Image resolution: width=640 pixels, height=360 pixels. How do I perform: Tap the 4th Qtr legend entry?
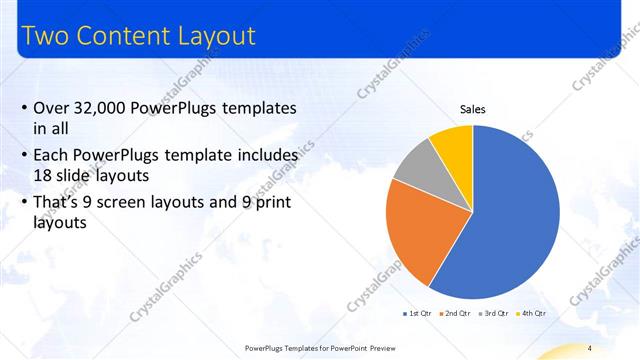click(x=534, y=313)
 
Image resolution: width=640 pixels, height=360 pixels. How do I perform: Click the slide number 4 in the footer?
click(x=590, y=348)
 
